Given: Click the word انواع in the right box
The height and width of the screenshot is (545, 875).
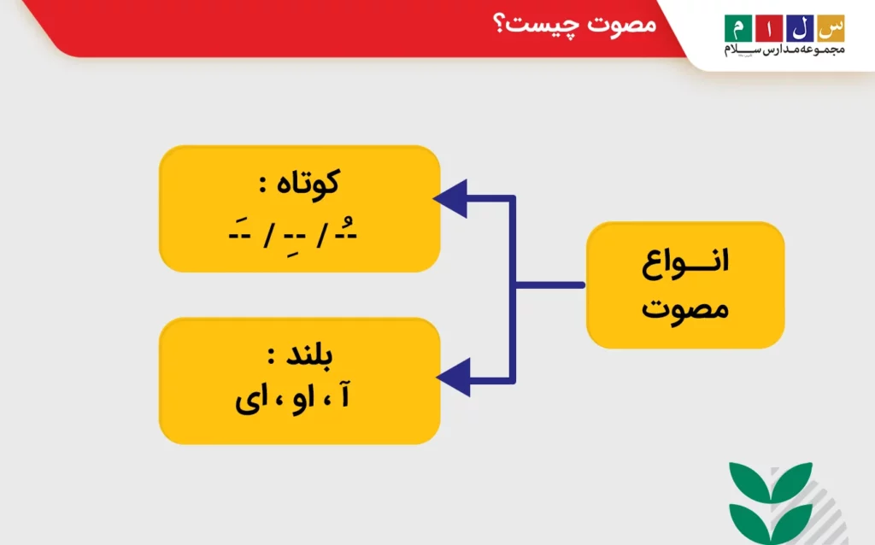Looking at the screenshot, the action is coord(685,262).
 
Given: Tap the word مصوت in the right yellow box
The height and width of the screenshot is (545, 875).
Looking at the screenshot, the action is coord(685,306).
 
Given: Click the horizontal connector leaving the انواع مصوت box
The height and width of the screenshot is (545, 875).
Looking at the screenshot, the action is coord(549,284).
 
